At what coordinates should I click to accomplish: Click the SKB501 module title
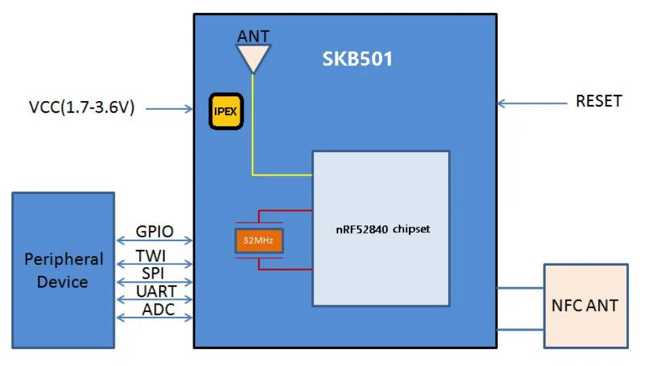click(x=357, y=59)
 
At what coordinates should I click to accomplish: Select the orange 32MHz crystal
click(x=259, y=240)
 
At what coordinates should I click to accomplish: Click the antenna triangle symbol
click(x=253, y=57)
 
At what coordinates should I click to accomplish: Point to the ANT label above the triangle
click(x=253, y=36)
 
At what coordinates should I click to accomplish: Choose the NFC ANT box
click(x=585, y=305)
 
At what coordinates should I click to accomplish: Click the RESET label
click(x=598, y=101)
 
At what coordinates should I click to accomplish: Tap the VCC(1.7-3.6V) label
click(x=81, y=108)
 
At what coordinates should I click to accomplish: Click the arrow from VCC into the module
click(x=169, y=108)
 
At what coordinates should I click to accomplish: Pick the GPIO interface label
click(x=154, y=231)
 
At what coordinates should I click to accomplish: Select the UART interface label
click(x=154, y=292)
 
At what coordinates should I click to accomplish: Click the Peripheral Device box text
click(x=64, y=270)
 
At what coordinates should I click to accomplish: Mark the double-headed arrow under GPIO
click(x=154, y=240)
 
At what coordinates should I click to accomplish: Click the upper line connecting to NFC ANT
click(x=520, y=288)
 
